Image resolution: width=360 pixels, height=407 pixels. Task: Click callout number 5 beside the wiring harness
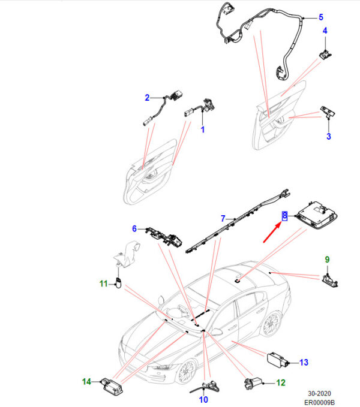(x=321, y=17)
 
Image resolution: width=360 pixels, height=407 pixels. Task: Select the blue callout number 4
(x=325, y=31)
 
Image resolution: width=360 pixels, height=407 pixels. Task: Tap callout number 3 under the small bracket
(x=329, y=136)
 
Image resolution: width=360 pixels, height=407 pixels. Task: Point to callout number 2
(x=147, y=98)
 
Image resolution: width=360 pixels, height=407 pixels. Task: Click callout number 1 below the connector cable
(x=203, y=129)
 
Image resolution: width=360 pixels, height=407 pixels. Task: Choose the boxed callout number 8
(x=284, y=216)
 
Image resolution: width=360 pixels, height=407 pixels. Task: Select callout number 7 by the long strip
(x=223, y=219)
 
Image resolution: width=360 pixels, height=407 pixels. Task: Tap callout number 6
(x=134, y=229)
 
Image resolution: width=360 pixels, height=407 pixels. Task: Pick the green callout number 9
(x=327, y=260)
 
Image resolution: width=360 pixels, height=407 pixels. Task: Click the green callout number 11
(x=104, y=284)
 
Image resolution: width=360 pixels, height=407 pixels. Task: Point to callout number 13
(x=304, y=363)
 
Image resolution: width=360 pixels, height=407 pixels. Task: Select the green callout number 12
(x=281, y=382)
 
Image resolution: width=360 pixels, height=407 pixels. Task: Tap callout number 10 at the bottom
(x=203, y=399)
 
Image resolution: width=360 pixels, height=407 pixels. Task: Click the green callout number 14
(x=87, y=382)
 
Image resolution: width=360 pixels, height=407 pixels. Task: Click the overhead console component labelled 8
(x=317, y=215)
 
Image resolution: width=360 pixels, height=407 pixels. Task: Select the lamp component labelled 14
(x=112, y=385)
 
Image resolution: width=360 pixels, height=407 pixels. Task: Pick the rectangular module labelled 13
(x=277, y=360)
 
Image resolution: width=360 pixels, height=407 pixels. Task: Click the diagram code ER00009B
(x=319, y=402)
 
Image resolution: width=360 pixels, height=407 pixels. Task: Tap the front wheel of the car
(x=187, y=372)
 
